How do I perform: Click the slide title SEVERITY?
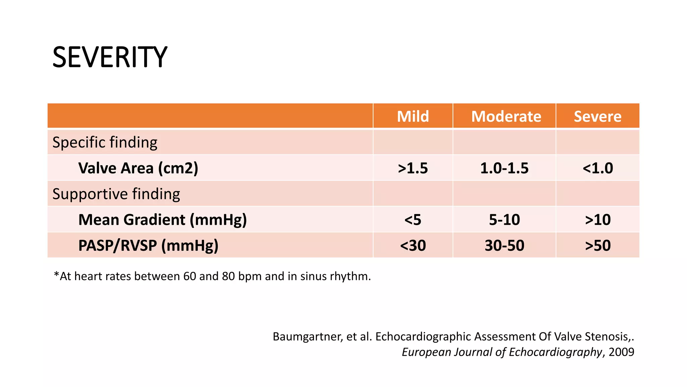[x=110, y=57]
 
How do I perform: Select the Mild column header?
[x=413, y=117]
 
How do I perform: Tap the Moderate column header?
[x=506, y=117]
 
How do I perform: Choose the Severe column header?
[x=597, y=117]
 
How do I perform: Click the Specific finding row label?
[x=105, y=142]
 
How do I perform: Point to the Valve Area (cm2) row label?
[x=138, y=168]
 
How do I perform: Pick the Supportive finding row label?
[x=116, y=194]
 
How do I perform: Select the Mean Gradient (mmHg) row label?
[x=162, y=220]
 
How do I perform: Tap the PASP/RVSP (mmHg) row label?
[x=148, y=246]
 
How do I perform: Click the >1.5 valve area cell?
[x=413, y=168]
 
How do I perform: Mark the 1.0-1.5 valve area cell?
[x=504, y=168]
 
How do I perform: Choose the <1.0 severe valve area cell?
[x=598, y=168]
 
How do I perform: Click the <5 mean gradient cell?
[x=413, y=220]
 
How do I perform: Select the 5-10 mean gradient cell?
[x=504, y=220]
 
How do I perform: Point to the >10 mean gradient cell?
[x=598, y=220]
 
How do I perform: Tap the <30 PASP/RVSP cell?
[x=413, y=246]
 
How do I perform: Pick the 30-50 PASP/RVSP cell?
[x=504, y=246]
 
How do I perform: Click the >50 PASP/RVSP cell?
[x=598, y=246]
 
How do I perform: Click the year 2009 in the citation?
[x=621, y=352]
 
